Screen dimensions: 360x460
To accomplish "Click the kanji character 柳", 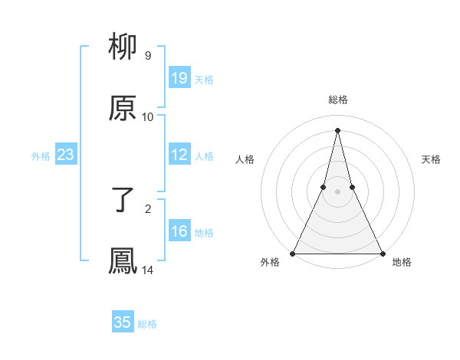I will pyautogui.click(x=123, y=47).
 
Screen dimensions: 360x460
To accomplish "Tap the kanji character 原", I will pyautogui.click(x=123, y=109).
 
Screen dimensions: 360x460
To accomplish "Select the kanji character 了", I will pyautogui.click(x=123, y=201).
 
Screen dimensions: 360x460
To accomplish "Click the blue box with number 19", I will pyautogui.click(x=179, y=78).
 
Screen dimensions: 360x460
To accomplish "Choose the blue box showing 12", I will pyautogui.click(x=179, y=155).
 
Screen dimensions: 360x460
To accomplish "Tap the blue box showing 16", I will pyautogui.click(x=179, y=232).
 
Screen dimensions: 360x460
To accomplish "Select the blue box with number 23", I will pyautogui.click(x=65, y=155).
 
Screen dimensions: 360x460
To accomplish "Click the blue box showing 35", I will pyautogui.click(x=123, y=322).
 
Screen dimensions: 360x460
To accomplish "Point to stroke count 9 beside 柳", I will pyautogui.click(x=148, y=56).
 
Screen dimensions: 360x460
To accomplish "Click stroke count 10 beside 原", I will pyautogui.click(x=148, y=117).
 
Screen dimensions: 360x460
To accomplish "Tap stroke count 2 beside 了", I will pyautogui.click(x=148, y=208).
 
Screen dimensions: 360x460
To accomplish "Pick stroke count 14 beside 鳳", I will pyautogui.click(x=148, y=270).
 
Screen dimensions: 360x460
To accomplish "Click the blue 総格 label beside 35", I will pyautogui.click(x=147, y=324).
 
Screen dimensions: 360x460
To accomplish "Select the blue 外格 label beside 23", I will pyautogui.click(x=41, y=156).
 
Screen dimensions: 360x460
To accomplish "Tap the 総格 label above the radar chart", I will pyautogui.click(x=337, y=100).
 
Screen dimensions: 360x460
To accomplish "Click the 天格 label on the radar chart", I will pyautogui.click(x=431, y=159).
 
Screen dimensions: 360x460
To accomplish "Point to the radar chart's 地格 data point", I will pyautogui.click(x=382, y=253).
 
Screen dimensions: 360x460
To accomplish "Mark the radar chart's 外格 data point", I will pyautogui.click(x=293, y=253).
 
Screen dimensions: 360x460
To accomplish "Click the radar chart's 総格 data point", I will pyautogui.click(x=337, y=129).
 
